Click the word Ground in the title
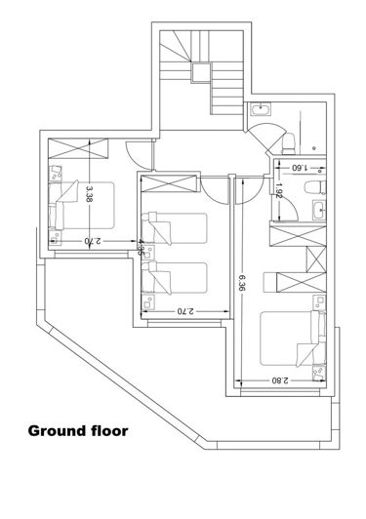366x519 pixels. pos(58,429)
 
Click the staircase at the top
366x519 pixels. pos(193,63)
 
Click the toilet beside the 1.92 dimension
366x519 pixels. pos(312,187)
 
